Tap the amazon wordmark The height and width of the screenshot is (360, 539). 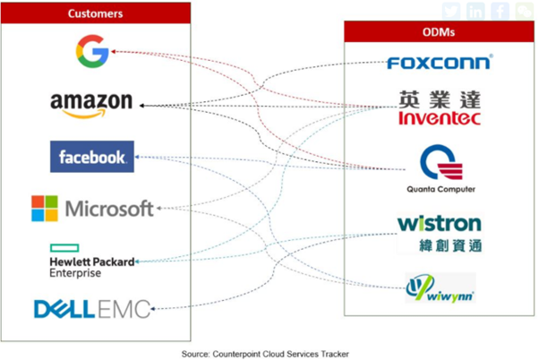(91, 105)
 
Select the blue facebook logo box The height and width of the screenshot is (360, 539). (92, 158)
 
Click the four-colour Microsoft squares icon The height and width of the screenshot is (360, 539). (45, 209)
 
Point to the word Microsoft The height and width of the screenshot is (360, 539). (109, 210)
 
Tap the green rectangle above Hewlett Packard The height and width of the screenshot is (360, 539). (65, 246)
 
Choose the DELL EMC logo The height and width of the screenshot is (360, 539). (92, 309)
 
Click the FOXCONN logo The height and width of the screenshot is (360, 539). (439, 64)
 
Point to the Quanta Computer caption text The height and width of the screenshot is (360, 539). (439, 190)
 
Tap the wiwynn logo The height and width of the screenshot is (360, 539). (440, 288)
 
